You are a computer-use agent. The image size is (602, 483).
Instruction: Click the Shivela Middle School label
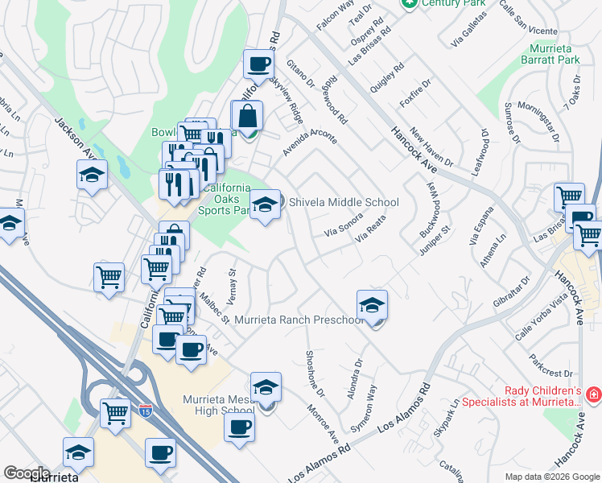pos(344,202)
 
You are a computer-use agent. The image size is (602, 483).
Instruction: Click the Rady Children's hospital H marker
pos(593,394)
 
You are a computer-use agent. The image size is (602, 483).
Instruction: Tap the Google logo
pos(27,473)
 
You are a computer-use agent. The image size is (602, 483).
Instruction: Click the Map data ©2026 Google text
pos(551,477)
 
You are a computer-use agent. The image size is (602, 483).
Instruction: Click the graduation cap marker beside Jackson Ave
pos(92,174)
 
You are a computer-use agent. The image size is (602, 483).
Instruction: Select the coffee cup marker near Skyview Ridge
pos(258,63)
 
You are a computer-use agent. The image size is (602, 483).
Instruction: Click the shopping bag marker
pos(246,115)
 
